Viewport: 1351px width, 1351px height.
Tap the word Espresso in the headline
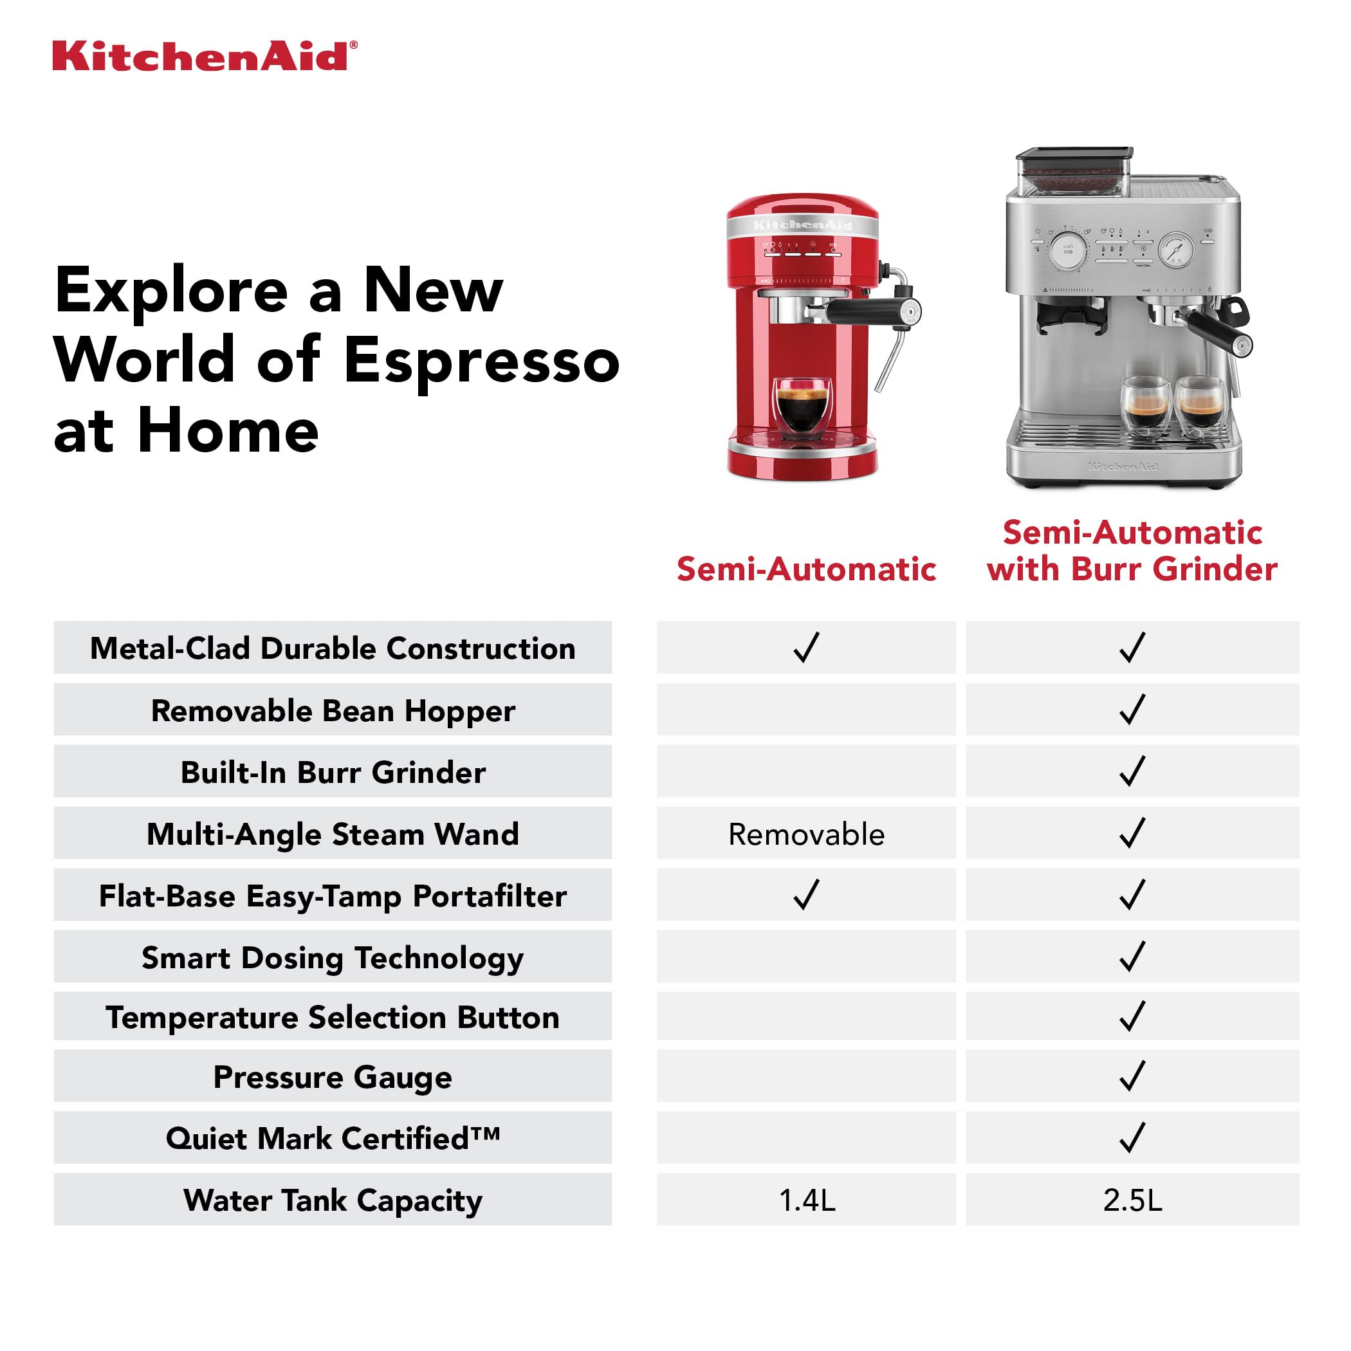pos(481,361)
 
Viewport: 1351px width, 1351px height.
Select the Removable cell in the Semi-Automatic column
pos(806,834)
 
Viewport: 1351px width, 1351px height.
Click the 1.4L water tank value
pos(807,1200)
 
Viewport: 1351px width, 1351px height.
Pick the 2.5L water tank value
pos(1132,1200)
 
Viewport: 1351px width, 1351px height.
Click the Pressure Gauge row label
pos(332,1077)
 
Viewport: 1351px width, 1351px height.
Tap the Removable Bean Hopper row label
pos(333,710)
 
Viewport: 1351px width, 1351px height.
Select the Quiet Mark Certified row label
pos(333,1139)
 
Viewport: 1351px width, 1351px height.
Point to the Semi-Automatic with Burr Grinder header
pos(1132,551)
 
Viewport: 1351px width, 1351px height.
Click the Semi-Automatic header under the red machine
pos(806,569)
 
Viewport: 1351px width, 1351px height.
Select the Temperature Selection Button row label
pos(332,1018)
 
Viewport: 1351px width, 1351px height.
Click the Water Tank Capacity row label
pos(333,1200)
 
